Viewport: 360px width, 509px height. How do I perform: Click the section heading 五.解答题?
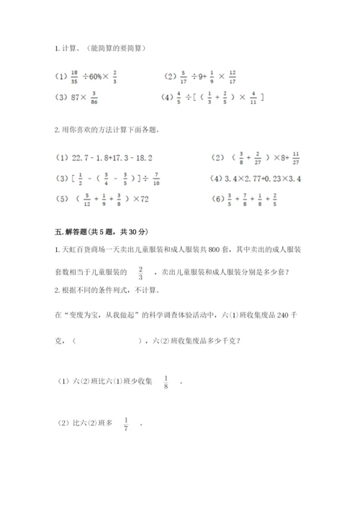pyautogui.click(x=78, y=231)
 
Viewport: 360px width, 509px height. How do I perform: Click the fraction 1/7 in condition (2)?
pyautogui.click(x=126, y=424)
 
